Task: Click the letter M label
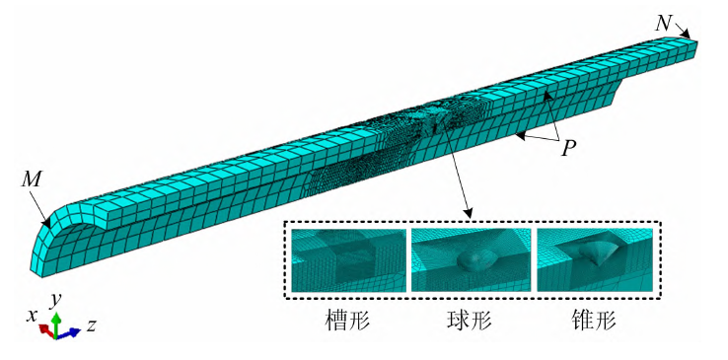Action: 33,180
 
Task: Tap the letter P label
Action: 567,149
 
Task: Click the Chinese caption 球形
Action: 469,321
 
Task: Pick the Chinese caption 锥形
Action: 594,321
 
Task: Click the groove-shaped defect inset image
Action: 348,260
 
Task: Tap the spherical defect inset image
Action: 472,260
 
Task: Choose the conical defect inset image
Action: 595,260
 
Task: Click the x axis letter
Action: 32,317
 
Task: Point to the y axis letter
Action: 56,300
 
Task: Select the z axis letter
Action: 92,325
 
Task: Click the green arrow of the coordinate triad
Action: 56,324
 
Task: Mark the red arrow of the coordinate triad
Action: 47,330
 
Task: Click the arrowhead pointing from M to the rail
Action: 46,225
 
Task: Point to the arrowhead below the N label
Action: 687,35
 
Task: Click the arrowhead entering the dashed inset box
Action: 470,214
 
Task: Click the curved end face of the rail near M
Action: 44,246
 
